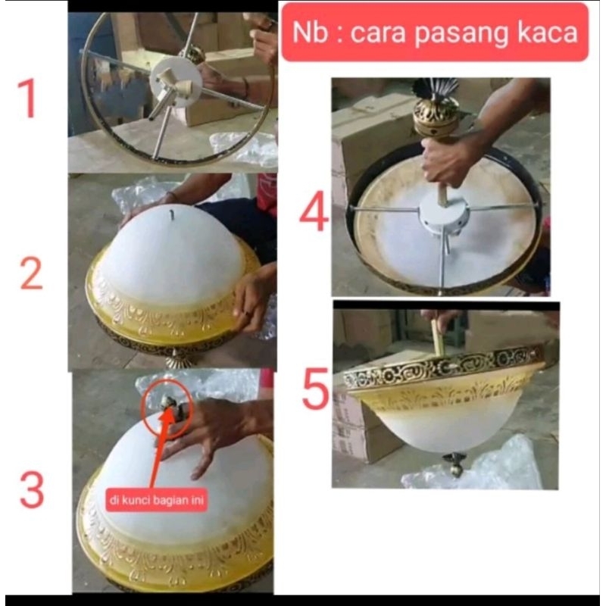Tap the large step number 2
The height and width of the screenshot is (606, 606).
(x=31, y=273)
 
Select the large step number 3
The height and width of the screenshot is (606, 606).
(x=32, y=490)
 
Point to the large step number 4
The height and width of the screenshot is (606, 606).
(x=314, y=214)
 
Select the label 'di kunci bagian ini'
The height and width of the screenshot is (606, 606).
(x=157, y=501)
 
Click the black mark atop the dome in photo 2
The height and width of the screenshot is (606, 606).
(x=173, y=215)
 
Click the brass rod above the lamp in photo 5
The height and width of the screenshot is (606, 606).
(x=438, y=336)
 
